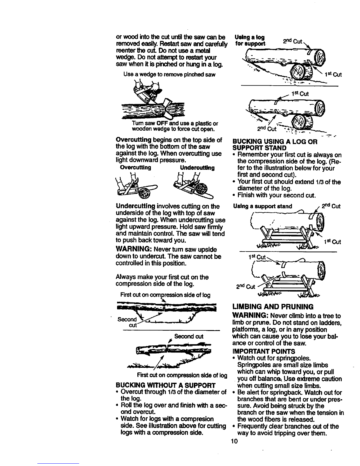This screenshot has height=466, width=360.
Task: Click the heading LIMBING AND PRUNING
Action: click(x=273, y=307)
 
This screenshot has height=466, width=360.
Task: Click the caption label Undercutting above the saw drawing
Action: click(x=197, y=168)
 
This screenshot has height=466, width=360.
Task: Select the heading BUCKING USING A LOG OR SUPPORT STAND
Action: click(x=275, y=145)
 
